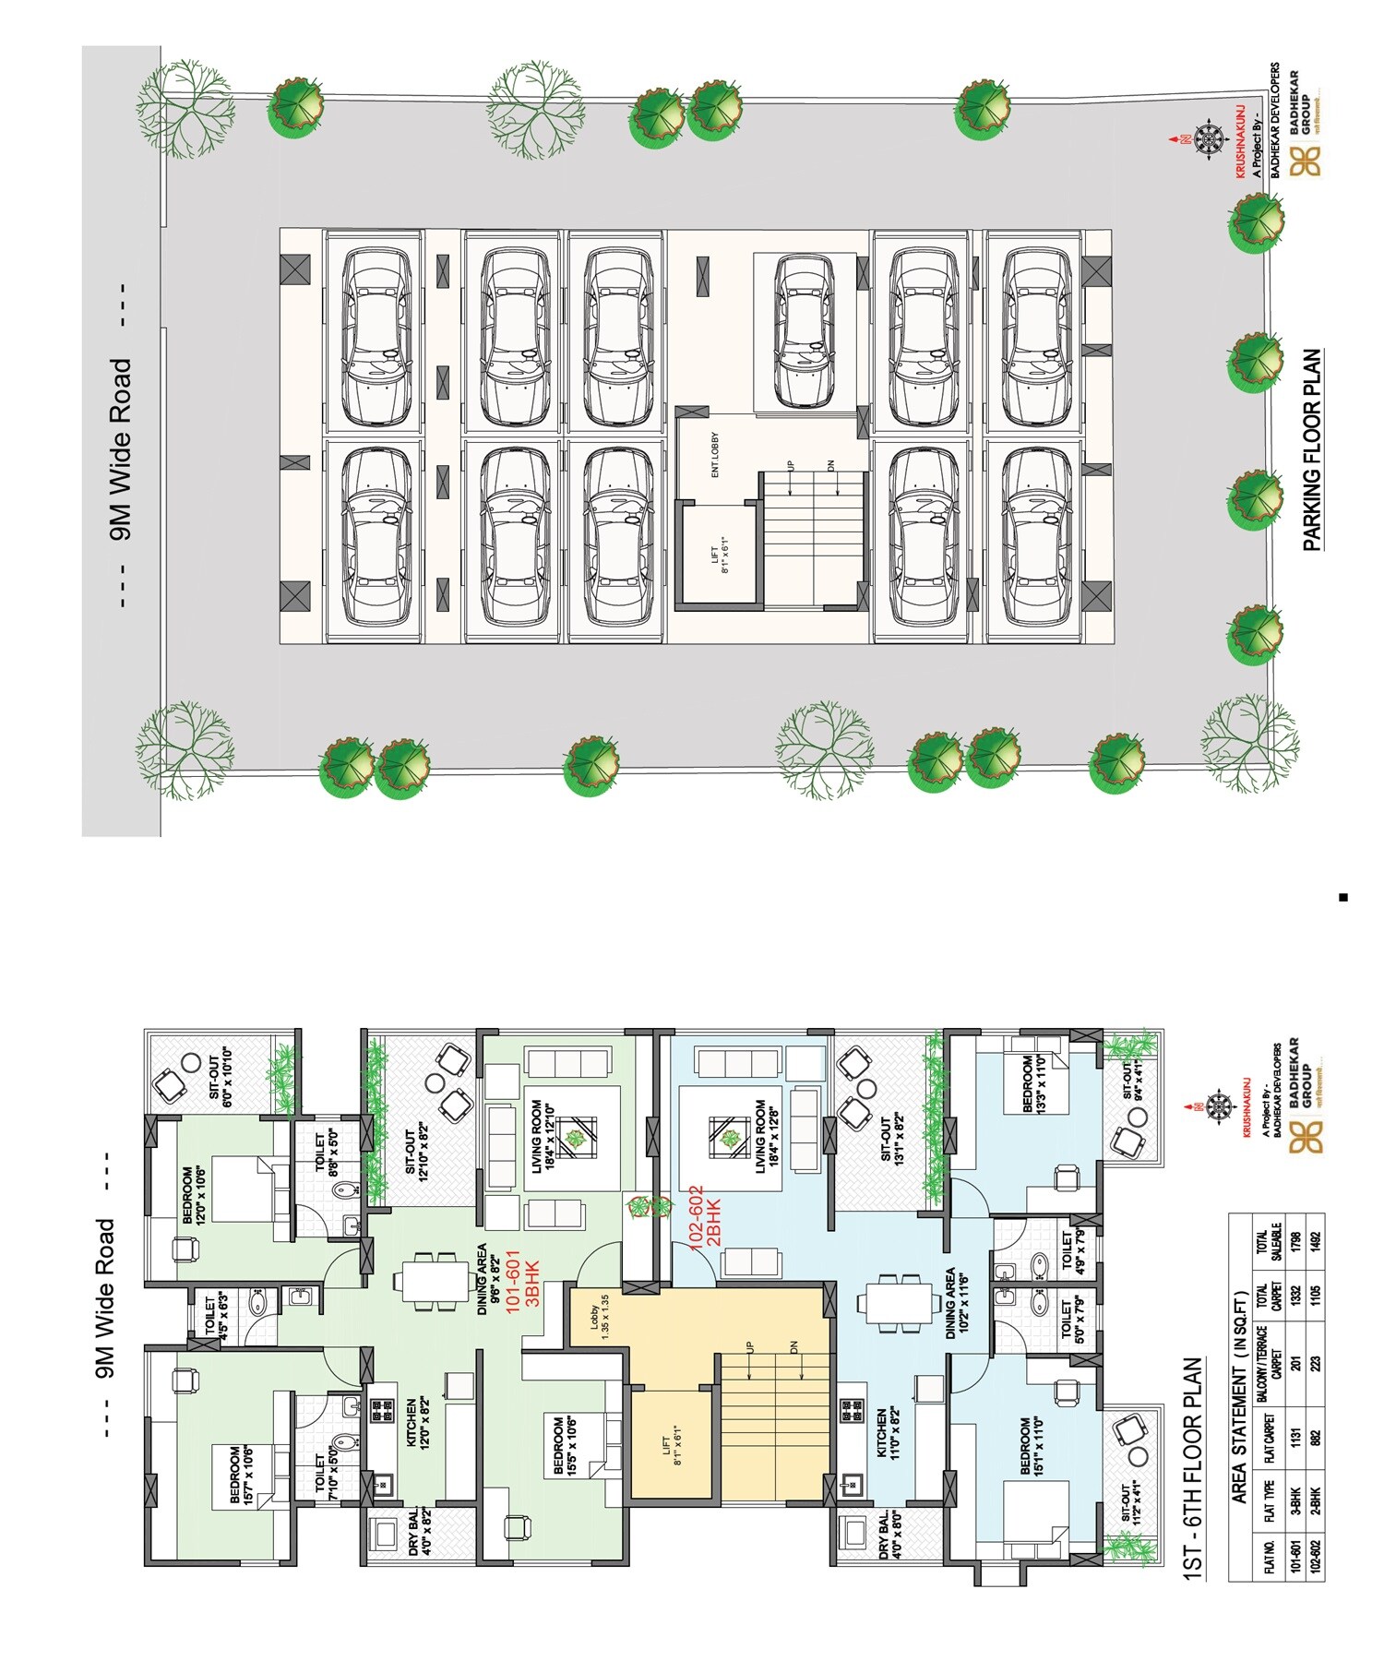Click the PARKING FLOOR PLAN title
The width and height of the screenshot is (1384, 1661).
[x=1312, y=450]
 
